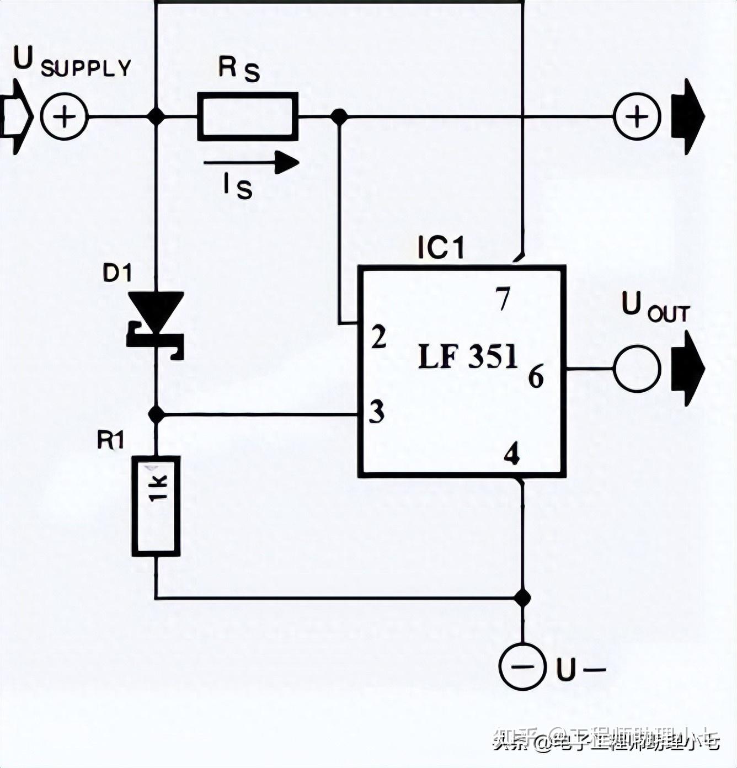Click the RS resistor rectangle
tap(248, 116)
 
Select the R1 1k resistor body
tap(156, 505)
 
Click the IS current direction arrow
tap(251, 162)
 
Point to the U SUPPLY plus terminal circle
tap(65, 117)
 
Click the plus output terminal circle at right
tap(637, 117)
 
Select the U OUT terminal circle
tap(637, 369)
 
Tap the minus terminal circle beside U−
tap(522, 666)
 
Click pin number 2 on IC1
tap(378, 337)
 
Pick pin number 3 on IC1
tap(377, 412)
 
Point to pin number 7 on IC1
tap(503, 300)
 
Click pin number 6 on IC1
tap(536, 377)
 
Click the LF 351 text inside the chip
tap(468, 357)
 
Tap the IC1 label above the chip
tap(441, 248)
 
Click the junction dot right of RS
tap(339, 116)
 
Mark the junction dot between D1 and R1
tap(156, 413)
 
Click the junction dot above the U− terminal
tap(522, 597)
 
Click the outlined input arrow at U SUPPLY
tap(16, 117)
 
